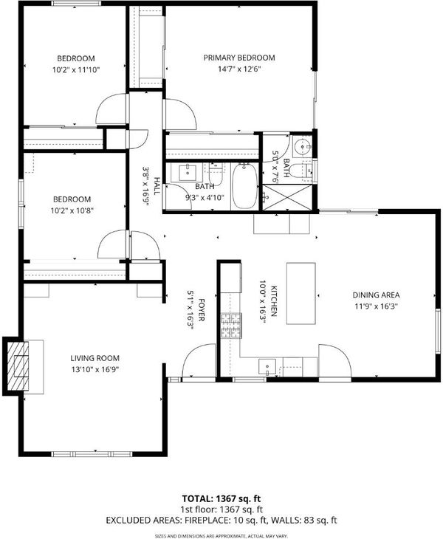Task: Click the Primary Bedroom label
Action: tap(239, 58)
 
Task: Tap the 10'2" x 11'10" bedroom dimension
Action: tap(76, 70)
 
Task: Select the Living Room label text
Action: tap(95, 358)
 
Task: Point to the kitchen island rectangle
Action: tap(301, 293)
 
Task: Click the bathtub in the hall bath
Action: tap(244, 185)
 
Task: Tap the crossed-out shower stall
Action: tap(287, 197)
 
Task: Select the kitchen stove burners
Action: tap(231, 326)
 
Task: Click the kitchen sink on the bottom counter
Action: tap(267, 367)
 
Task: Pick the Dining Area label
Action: tap(376, 295)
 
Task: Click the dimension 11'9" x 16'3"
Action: tap(376, 306)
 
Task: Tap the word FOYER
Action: tap(202, 310)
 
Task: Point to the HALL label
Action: tap(157, 186)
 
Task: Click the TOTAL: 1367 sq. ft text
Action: tap(221, 498)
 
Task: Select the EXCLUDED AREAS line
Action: tap(221, 520)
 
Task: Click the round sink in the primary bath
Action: tap(303, 147)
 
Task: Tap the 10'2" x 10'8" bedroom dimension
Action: tap(72, 210)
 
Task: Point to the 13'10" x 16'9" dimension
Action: tap(95, 369)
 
